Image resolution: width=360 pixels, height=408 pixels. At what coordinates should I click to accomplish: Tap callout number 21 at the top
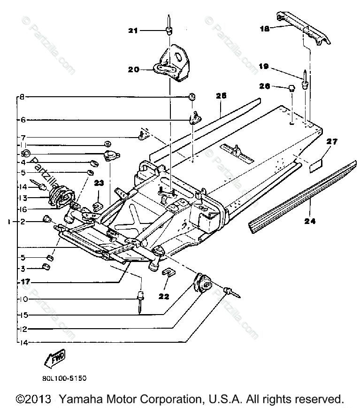tap(133, 31)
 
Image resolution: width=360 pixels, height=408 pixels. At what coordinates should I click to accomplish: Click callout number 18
tap(266, 29)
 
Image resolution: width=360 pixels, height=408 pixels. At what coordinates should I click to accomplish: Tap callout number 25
tap(221, 95)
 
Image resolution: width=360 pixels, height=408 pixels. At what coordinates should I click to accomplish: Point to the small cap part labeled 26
tap(291, 87)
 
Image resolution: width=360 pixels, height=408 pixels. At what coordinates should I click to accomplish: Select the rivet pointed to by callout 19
tap(306, 81)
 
